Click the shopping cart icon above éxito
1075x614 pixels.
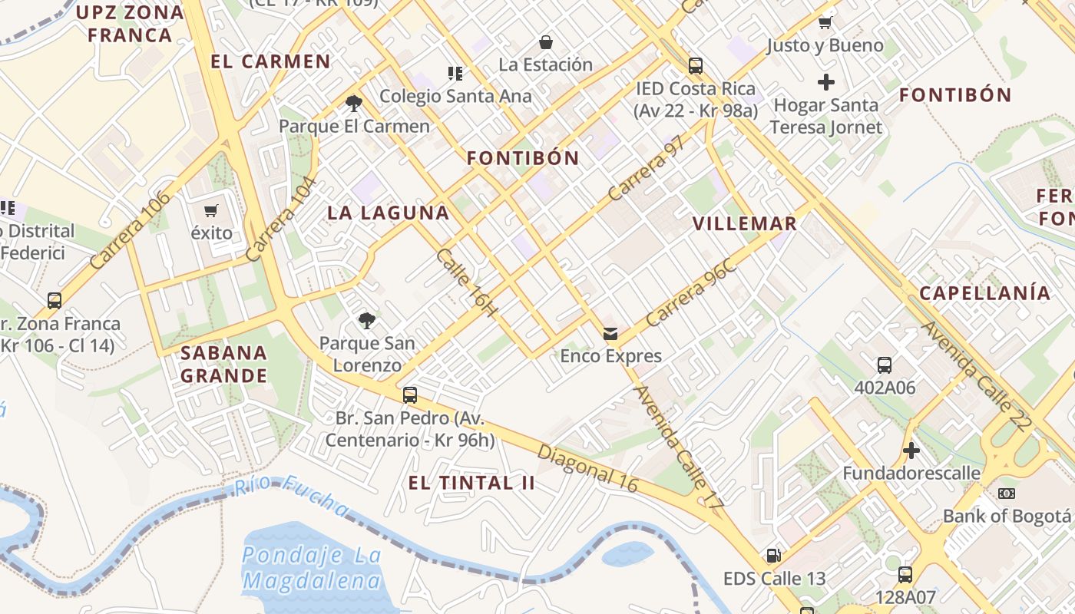[211, 210]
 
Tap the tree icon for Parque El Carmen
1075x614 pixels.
[354, 103]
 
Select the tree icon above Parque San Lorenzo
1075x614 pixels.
[367, 320]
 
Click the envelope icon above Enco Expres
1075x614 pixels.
[610, 333]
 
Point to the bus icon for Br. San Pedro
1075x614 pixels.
[410, 395]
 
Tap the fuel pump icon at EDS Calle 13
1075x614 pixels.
[773, 555]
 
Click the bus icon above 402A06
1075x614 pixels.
[885, 365]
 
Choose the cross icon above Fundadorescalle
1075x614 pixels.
[911, 450]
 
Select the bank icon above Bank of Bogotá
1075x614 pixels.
[1006, 493]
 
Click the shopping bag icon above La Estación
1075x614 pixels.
[546, 41]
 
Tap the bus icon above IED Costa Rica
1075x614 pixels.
[696, 66]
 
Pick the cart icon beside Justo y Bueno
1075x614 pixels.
[825, 22]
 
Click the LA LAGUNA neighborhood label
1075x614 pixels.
[389, 213]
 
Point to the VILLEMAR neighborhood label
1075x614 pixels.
[745, 224]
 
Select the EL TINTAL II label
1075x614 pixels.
[471, 483]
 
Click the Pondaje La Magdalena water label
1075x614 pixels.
[312, 568]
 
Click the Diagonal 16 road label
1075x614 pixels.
[587, 467]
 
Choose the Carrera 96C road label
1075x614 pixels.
[692, 294]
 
